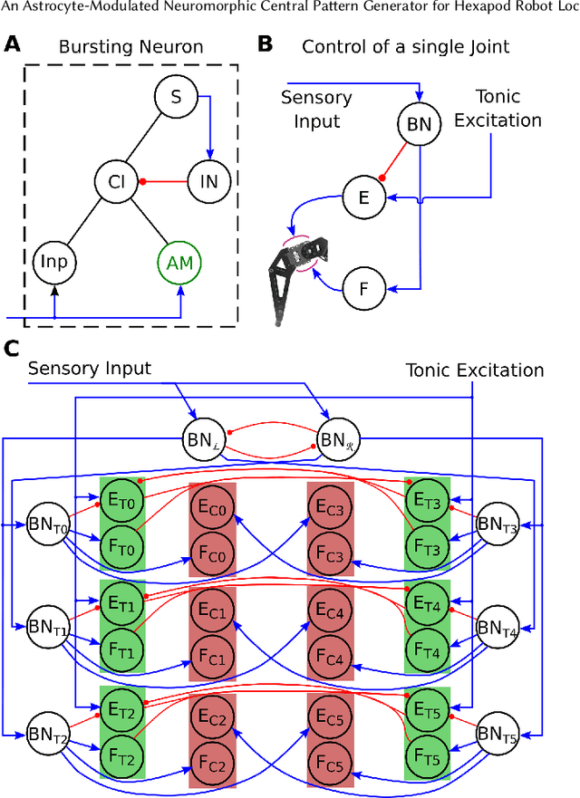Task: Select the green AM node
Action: pyautogui.click(x=179, y=263)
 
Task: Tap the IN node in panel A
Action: pyautogui.click(x=208, y=182)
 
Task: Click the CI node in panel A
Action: pyautogui.click(x=116, y=182)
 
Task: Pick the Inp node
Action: pyautogui.click(x=54, y=263)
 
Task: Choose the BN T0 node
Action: pyautogui.click(x=48, y=524)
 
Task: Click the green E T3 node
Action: pyautogui.click(x=426, y=499)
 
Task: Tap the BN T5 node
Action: pyautogui.click(x=497, y=730)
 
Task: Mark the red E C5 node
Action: pyautogui.click(x=330, y=720)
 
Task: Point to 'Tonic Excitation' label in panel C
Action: pyautogui.click(x=474, y=370)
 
